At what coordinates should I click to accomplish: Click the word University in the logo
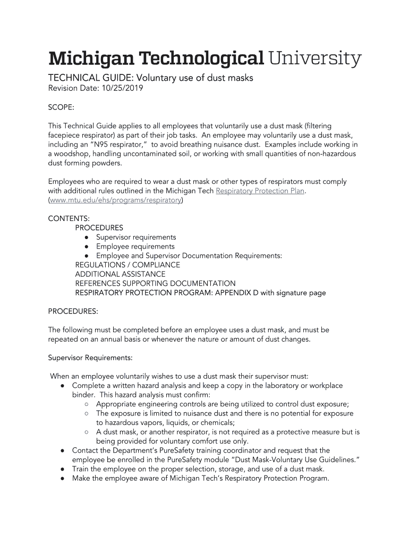coord(315,59)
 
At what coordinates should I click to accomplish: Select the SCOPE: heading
coord(61,107)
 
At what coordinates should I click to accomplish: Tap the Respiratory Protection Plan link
coord(260,191)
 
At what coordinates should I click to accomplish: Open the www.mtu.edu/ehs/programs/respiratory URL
coord(115,200)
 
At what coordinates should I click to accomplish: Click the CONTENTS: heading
coord(69,218)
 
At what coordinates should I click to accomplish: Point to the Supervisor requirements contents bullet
coord(136,237)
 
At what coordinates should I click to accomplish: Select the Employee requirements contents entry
coord(135,246)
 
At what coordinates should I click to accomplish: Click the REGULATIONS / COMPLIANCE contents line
coord(127,265)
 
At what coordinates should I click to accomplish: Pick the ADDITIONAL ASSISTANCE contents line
coord(120,274)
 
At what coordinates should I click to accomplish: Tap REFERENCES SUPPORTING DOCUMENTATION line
coord(155,283)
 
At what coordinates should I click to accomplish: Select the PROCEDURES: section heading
coord(73,311)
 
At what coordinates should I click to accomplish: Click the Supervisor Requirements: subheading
coord(90,358)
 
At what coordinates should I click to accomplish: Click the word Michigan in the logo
coord(90,59)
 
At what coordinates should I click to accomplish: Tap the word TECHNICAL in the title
coord(71,78)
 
